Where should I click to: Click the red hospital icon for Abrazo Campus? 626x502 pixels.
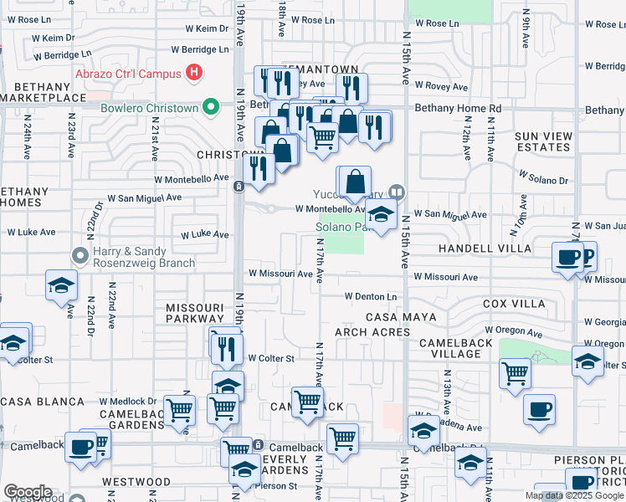coord(194,73)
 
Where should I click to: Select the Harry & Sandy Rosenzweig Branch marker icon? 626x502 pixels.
coord(80,254)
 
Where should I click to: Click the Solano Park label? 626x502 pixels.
coord(339,228)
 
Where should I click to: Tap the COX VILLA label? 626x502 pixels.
coord(514,304)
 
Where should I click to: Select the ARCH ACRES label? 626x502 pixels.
coord(372,332)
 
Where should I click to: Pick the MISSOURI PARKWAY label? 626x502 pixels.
coord(194,313)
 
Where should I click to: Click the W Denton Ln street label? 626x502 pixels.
coord(370,296)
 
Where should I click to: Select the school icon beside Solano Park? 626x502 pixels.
coord(381,216)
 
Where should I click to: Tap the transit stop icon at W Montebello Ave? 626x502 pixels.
coord(239,187)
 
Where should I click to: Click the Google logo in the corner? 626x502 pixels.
coord(28,492)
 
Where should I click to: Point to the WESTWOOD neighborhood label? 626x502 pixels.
coord(136,482)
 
